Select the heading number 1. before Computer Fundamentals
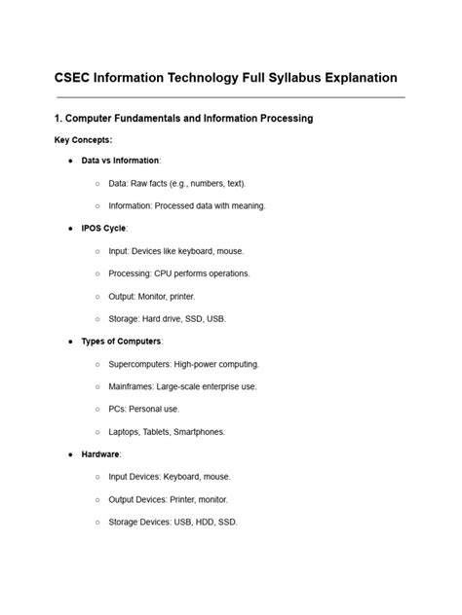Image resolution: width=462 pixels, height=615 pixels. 59,119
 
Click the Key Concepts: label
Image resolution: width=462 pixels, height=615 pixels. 83,140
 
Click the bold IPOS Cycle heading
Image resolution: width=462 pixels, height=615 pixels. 103,229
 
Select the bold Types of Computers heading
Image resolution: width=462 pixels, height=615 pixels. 121,342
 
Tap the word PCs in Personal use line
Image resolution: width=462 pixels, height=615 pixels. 119,409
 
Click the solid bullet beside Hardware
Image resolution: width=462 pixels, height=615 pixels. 72,454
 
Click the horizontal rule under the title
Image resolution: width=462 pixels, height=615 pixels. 230,97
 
